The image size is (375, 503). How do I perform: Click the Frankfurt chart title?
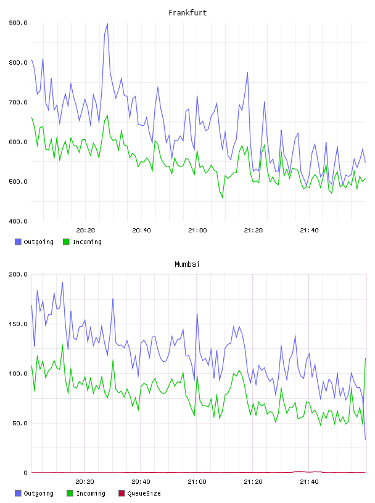(187, 13)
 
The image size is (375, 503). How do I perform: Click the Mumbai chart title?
(187, 264)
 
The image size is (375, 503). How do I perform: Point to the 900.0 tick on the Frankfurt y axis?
(18, 23)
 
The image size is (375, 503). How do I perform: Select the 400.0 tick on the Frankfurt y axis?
(18, 221)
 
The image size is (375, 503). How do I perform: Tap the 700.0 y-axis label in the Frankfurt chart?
(18, 102)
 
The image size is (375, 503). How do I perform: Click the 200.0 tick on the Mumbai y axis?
(18, 274)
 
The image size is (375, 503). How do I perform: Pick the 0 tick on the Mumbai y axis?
(26, 473)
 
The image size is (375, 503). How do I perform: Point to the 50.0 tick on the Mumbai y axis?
(20, 423)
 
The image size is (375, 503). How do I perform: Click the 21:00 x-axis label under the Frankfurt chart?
(197, 231)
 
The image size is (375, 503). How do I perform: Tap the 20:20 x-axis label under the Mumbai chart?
(85, 482)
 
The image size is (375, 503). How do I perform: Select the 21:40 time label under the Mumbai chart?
(309, 482)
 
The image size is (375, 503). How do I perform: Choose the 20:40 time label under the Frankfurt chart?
(142, 231)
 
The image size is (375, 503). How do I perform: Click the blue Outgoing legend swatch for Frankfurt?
(18, 242)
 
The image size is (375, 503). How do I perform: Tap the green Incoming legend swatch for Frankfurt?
(66, 242)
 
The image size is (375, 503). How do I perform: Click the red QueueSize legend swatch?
(122, 493)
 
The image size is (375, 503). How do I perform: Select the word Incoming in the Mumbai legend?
(91, 494)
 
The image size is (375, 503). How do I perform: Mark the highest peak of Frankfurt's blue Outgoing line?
(107, 23)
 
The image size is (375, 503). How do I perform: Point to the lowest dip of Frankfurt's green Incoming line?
(222, 197)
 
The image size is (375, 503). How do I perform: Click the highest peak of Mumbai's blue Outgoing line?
(62, 282)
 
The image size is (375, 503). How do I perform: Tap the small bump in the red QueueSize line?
(299, 471)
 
